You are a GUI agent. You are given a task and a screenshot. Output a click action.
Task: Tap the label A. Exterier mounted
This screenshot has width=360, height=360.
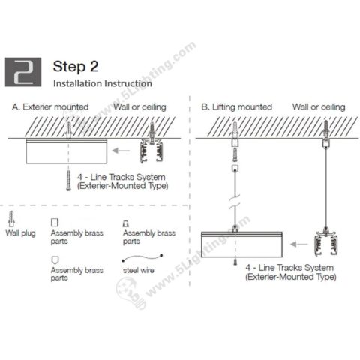pos(50,107)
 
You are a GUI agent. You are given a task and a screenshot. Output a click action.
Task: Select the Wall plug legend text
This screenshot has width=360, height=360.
pos(20,233)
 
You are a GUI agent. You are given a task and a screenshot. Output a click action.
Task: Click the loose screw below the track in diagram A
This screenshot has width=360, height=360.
pos(69,180)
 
